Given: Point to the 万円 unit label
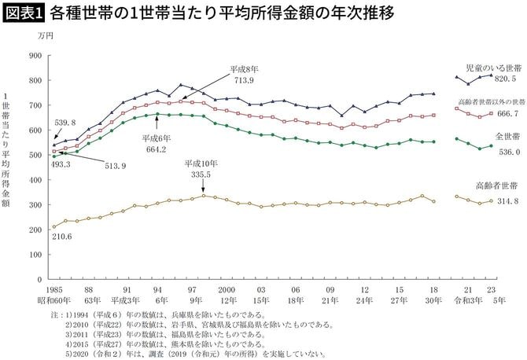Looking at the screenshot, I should (45, 36).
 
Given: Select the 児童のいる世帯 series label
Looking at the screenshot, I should (492, 68).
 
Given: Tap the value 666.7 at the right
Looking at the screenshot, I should (505, 114).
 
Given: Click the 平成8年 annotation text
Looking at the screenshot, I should (244, 69).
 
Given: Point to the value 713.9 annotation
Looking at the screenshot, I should (245, 80).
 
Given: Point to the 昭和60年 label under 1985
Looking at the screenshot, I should (55, 300).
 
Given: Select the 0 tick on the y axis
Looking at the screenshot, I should (39, 279).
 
